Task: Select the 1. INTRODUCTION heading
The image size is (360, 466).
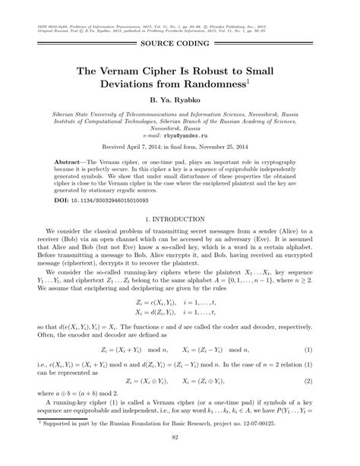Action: tap(179, 219)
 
